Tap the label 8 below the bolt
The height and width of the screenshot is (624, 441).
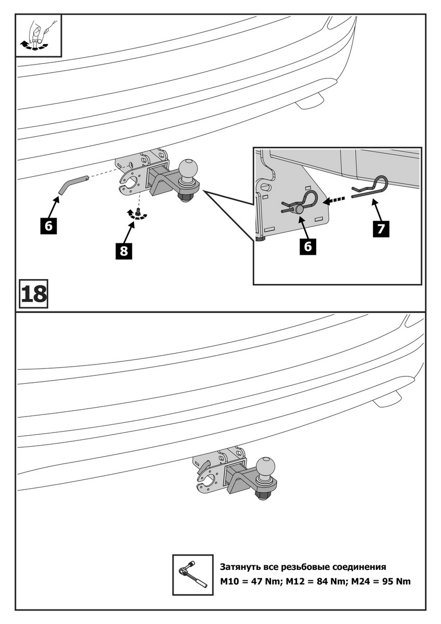click(x=124, y=251)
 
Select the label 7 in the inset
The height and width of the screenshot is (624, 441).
click(x=382, y=229)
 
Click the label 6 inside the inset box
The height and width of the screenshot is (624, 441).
click(x=308, y=246)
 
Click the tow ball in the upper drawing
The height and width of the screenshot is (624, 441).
click(x=188, y=170)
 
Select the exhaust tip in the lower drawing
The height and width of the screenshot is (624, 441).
click(x=387, y=400)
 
